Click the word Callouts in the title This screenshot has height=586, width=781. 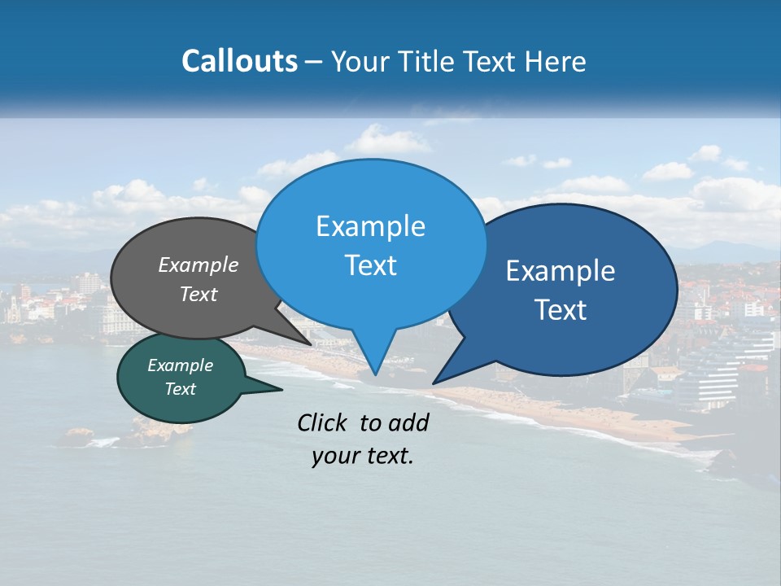click(240, 61)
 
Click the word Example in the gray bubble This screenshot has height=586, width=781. click(199, 265)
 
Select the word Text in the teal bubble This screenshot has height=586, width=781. click(181, 389)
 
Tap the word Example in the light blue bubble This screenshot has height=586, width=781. click(370, 226)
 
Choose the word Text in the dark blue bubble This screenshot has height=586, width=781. click(561, 310)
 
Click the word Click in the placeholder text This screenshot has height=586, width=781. click(323, 422)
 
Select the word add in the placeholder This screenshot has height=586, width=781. click(409, 422)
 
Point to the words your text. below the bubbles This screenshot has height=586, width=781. click(363, 457)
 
